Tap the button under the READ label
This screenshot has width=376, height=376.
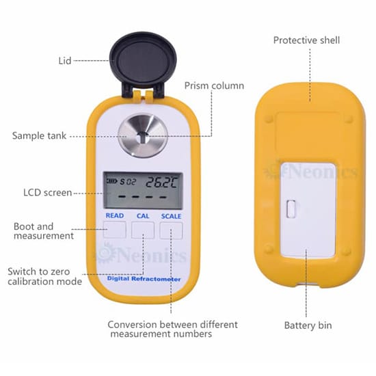pos(115,230)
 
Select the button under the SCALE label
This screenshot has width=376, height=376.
pos(171,230)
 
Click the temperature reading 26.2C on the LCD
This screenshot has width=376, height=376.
pos(161,182)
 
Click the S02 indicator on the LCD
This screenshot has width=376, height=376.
pos(128,182)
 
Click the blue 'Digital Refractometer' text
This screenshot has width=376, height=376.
pos(144,279)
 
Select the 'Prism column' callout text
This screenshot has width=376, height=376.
pos(214,85)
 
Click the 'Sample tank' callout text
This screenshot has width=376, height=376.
pos(39,136)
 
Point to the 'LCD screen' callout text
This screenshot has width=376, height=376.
pos(47,193)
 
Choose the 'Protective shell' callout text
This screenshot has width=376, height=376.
pos(306,40)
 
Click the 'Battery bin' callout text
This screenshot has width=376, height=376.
pos(308,325)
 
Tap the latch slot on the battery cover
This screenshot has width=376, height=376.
pos(291,209)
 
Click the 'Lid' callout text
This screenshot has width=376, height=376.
pos(65,61)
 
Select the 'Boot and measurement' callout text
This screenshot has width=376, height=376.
pos(43,231)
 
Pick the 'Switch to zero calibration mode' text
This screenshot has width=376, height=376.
pos(44,276)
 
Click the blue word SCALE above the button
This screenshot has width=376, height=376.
pos(171,216)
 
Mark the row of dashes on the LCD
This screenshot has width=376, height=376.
pos(142,197)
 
